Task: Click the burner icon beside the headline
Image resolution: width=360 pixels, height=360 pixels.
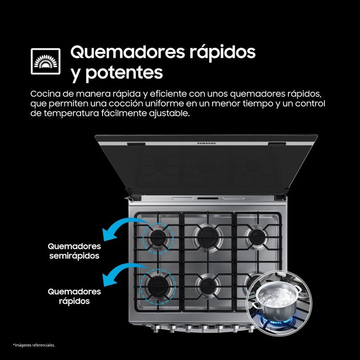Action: coord(45,61)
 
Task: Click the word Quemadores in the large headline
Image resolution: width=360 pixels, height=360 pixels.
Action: coord(127,52)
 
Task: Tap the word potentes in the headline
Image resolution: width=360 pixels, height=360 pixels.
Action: coord(124,73)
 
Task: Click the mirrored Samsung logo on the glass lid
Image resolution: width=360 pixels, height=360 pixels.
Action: coord(207,144)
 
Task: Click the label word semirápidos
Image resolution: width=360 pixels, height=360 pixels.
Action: coord(74,256)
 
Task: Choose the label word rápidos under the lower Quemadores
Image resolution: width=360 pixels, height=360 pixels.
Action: coord(74,301)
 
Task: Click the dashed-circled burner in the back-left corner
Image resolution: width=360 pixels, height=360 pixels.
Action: coord(158,238)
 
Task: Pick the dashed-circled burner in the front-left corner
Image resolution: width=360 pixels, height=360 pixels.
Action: coord(158,286)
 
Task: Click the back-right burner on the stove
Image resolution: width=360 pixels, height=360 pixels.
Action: coord(256,237)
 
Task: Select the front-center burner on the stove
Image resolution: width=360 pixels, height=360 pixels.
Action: coord(208,286)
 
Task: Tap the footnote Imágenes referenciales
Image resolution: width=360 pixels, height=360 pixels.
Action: coord(34,345)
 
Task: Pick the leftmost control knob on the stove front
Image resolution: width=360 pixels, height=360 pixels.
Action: coord(156,329)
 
